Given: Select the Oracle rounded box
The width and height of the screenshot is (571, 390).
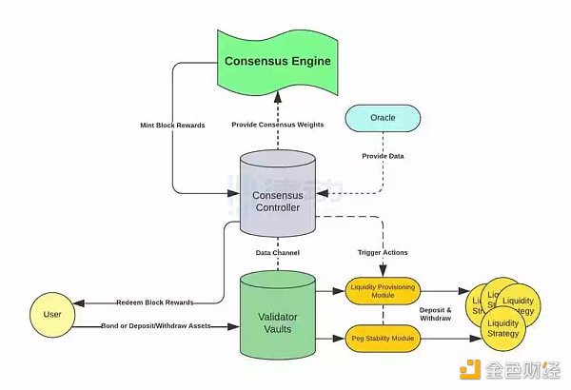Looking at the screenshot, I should [382, 118].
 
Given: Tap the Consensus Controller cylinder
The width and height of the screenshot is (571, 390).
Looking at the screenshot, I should [277, 196].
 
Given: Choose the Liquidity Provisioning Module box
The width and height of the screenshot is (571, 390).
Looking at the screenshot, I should [382, 291].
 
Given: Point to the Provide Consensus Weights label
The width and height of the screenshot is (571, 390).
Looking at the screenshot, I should [277, 126].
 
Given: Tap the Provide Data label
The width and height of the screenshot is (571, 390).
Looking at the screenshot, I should [382, 155].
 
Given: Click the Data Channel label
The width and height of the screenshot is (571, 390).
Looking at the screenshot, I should [277, 253].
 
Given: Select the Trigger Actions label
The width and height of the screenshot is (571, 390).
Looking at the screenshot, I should [382, 253].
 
